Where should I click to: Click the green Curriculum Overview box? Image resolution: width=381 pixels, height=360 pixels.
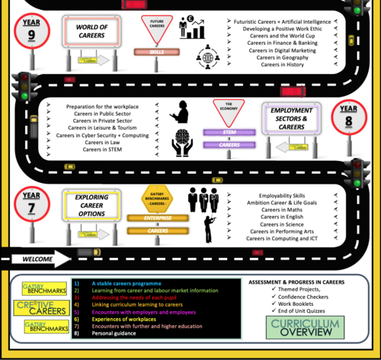[x=300, y=329]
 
